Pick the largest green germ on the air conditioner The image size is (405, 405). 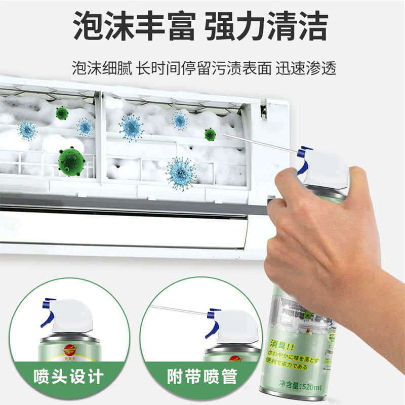pyautogui.click(x=71, y=161)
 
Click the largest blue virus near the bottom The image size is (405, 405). pyautogui.click(x=181, y=173)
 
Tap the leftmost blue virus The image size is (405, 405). pyautogui.click(x=27, y=130)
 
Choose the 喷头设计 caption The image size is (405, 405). pyautogui.click(x=68, y=377)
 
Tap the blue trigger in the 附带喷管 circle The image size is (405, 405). pyautogui.click(x=213, y=321)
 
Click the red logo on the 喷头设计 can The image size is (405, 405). pyautogui.click(x=69, y=349)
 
